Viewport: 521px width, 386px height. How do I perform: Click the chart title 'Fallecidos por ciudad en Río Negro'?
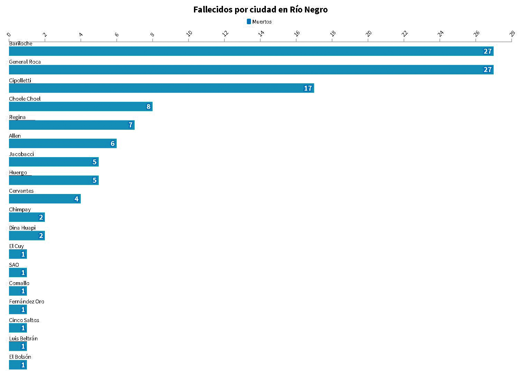click(x=260, y=10)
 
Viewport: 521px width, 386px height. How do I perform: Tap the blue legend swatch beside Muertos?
click(x=249, y=22)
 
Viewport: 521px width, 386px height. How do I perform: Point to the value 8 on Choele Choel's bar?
click(x=149, y=107)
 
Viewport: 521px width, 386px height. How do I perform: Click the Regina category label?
click(x=17, y=117)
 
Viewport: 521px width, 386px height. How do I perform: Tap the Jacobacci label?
click(x=21, y=154)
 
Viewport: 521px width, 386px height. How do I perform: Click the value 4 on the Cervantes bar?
click(x=76, y=199)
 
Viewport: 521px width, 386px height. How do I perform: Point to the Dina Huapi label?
click(x=22, y=228)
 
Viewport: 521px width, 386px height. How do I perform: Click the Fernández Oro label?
click(x=27, y=302)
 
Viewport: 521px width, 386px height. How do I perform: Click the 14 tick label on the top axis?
click(x=261, y=34)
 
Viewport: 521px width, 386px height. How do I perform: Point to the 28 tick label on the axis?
click(x=512, y=34)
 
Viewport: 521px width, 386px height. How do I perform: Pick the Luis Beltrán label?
click(x=23, y=339)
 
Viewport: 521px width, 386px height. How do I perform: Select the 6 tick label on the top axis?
click(x=117, y=34)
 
